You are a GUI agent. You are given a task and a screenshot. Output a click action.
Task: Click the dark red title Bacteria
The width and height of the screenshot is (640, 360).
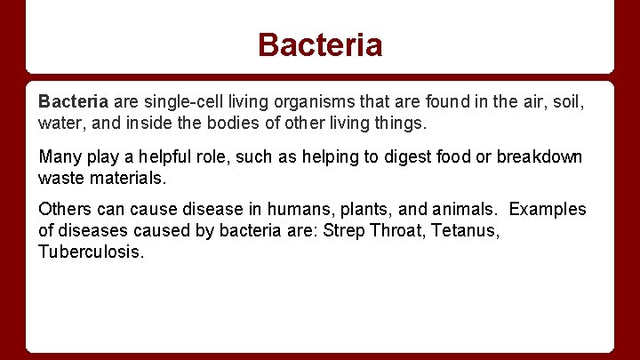(320, 44)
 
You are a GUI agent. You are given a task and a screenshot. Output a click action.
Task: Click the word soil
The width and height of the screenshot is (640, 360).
(564, 102)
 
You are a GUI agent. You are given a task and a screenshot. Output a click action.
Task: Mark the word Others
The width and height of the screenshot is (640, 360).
(64, 210)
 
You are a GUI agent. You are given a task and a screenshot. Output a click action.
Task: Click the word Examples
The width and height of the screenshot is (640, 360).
(548, 210)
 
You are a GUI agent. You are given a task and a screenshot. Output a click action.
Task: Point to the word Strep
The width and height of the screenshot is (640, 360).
(346, 229)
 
